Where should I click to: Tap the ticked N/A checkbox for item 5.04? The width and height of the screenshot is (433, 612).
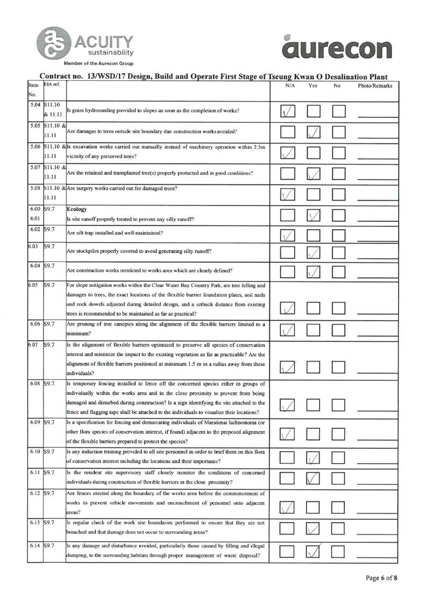pos(289,111)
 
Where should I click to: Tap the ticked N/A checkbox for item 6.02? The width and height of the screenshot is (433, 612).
pos(289,235)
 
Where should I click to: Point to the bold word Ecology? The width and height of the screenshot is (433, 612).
pos(77,209)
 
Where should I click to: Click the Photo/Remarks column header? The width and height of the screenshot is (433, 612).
pos(375,86)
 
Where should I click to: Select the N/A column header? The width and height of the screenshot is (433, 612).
pos(290,86)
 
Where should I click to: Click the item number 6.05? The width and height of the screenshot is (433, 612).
pos(34,285)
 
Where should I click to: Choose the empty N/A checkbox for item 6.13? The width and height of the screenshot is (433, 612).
pos(289,528)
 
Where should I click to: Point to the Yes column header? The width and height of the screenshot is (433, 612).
pos(313,86)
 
